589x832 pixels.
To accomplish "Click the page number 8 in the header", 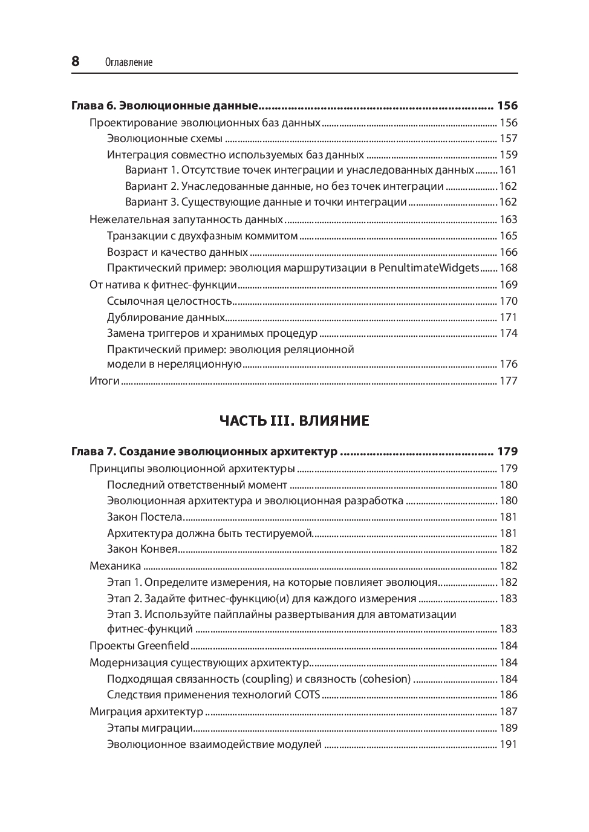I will click(x=76, y=61).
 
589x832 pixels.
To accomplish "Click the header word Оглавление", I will click(x=128, y=62).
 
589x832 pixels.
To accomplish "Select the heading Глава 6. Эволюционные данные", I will click(x=165, y=106).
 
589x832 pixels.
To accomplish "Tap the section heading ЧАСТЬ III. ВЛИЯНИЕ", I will click(x=294, y=421).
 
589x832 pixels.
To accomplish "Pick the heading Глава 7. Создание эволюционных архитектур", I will click(x=204, y=452).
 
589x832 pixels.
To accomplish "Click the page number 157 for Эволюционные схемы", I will click(x=508, y=138).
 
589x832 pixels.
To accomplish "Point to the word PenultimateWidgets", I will click(x=429, y=268).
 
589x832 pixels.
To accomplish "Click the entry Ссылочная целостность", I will click(x=170, y=301).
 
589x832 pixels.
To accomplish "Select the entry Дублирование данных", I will click(x=166, y=317).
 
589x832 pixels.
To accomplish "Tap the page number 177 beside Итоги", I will click(x=508, y=381).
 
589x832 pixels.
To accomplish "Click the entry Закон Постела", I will click(x=145, y=517).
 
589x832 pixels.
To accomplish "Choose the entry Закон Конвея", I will click(x=142, y=549).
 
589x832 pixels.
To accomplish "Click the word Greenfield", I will click(x=163, y=646).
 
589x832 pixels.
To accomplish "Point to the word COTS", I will click(x=307, y=695).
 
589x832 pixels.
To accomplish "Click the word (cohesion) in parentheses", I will click(x=385, y=679).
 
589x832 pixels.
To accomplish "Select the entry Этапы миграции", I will click(x=150, y=728).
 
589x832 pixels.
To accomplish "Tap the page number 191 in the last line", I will click(x=508, y=744).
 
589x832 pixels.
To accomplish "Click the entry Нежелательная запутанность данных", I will click(x=186, y=219).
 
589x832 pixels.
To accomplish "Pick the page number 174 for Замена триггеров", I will click(x=508, y=333).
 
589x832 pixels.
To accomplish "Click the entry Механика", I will click(x=116, y=566).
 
